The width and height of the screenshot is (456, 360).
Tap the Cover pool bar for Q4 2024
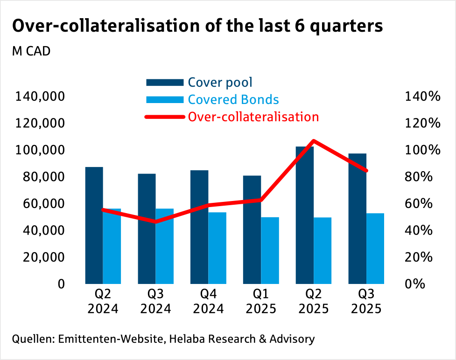(199, 227)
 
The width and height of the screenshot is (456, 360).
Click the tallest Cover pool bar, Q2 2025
(305, 215)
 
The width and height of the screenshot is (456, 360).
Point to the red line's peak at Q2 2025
(314, 141)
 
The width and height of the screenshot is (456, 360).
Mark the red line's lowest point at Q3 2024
(155, 222)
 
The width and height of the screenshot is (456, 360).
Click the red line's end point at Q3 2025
(366, 171)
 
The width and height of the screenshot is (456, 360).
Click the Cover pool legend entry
(220, 83)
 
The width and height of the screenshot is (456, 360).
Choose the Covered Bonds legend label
(233, 100)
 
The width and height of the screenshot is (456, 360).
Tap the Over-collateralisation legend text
(253, 117)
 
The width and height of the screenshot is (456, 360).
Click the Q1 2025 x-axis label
(261, 302)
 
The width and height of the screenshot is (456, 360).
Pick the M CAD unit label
(31, 51)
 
